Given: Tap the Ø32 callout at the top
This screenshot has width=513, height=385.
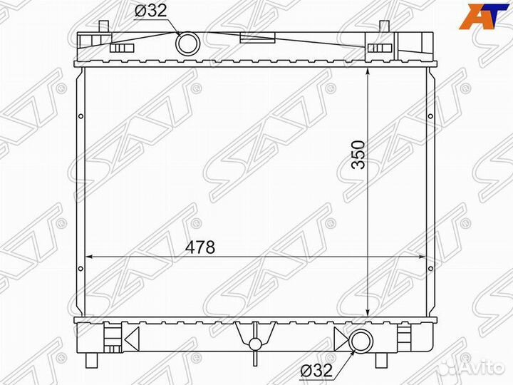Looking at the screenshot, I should click(x=152, y=11).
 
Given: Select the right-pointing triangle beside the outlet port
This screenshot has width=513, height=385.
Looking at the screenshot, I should click(x=341, y=341).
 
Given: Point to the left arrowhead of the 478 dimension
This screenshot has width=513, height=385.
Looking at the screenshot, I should click(x=89, y=255).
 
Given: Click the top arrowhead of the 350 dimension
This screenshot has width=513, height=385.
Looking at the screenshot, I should click(x=367, y=73).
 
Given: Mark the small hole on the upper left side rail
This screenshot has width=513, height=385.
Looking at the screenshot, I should click(x=81, y=117).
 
